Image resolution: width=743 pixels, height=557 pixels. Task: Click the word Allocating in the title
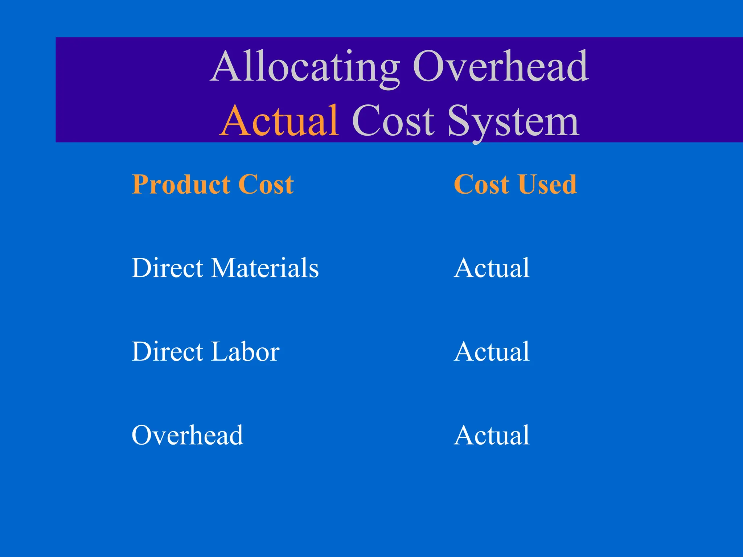(305, 67)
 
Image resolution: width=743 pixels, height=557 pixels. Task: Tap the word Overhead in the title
(501, 67)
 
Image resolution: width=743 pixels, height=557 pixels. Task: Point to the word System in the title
(513, 121)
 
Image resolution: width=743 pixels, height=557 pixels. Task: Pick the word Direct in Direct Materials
(167, 268)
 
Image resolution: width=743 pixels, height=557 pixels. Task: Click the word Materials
(265, 268)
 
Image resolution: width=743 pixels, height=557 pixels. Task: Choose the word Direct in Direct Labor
(167, 351)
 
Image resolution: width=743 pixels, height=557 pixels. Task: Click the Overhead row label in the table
(187, 435)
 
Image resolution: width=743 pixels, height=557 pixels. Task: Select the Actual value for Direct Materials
(492, 268)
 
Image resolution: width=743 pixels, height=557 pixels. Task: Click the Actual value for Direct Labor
(492, 351)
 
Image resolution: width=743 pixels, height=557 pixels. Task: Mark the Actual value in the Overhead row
(492, 435)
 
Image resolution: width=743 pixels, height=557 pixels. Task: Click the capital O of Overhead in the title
(428, 67)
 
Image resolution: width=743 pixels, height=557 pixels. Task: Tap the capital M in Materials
(227, 268)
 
